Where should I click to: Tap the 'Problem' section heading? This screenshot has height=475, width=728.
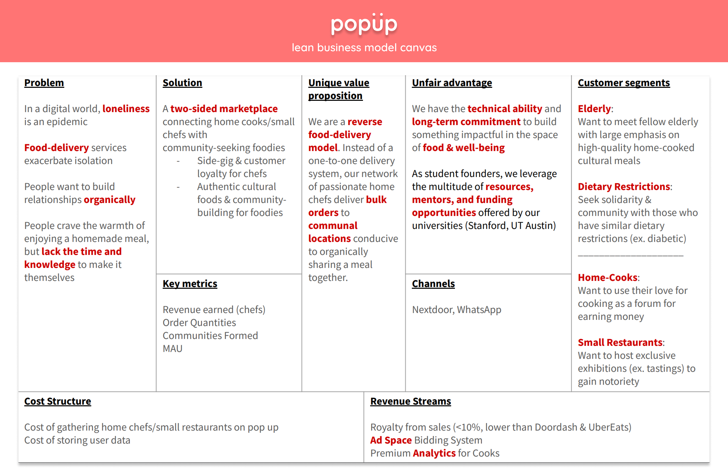point(44,83)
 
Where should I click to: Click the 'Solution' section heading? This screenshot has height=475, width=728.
point(182,83)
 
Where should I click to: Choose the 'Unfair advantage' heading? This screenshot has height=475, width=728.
point(452,83)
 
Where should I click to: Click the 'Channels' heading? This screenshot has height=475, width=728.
point(433,284)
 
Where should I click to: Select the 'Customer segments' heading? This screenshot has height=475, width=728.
point(624,83)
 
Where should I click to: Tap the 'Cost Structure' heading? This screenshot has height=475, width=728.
point(58,401)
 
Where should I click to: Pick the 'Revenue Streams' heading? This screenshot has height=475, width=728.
point(410,401)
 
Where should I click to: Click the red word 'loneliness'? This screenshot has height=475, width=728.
point(126,109)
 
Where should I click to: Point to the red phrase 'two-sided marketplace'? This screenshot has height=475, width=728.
point(224,109)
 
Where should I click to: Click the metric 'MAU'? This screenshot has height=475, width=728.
point(173,349)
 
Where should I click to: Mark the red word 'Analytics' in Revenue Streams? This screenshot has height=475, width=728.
point(434,453)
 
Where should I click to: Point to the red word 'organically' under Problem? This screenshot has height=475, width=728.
point(110,200)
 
